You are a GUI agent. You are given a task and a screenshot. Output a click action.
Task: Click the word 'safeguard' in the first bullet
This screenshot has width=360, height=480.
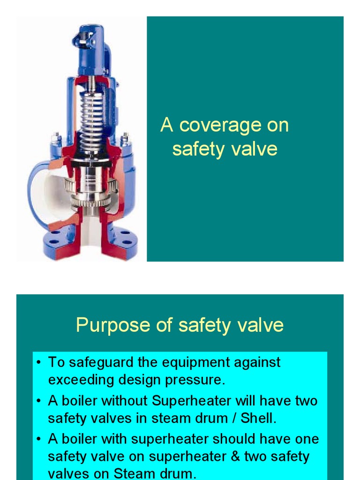click(99, 362)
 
